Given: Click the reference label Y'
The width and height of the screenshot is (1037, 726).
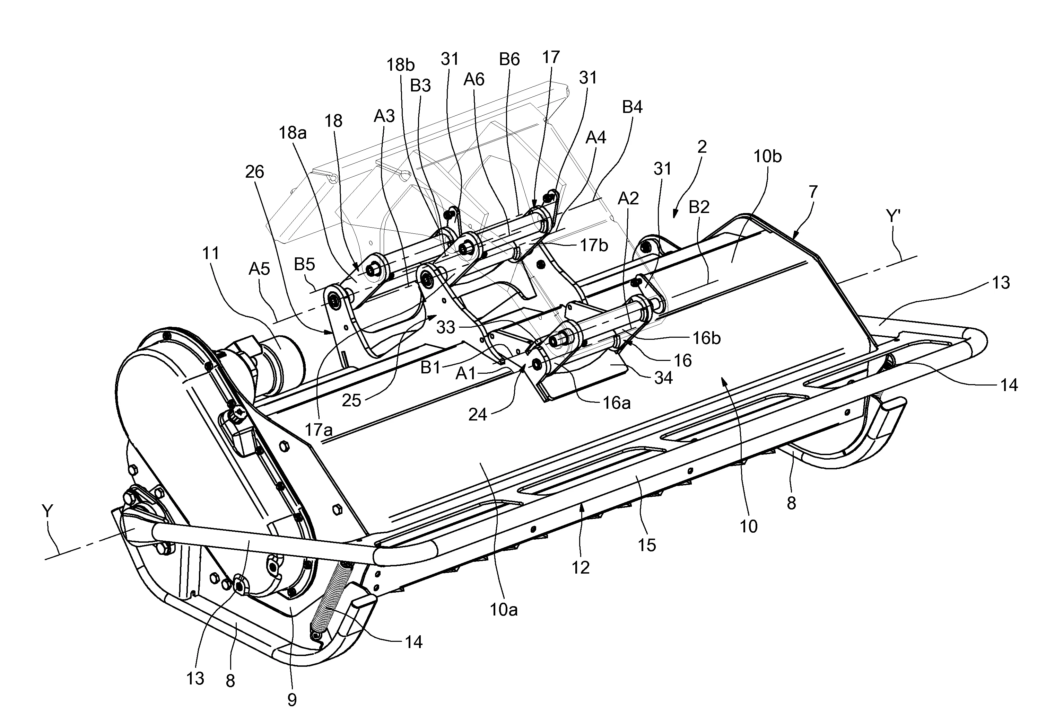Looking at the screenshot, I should (x=894, y=217).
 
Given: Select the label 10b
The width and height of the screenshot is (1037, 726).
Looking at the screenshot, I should (x=767, y=157).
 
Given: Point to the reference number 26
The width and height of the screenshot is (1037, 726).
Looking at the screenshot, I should (x=254, y=172).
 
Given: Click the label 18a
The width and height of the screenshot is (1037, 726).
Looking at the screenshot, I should (x=292, y=133).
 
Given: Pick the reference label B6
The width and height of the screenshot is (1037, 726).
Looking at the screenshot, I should (x=509, y=60).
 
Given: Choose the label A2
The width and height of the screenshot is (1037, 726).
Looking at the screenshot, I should (x=628, y=198).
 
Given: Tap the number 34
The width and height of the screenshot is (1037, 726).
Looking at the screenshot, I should (x=663, y=378).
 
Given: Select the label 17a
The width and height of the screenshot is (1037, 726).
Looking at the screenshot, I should (x=319, y=430).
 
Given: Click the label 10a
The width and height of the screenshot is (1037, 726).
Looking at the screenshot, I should (x=504, y=610).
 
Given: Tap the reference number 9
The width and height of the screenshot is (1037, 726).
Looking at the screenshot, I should (x=292, y=700).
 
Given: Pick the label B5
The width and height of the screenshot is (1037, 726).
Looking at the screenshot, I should (x=304, y=264).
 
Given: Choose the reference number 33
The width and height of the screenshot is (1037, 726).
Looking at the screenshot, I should (x=445, y=327).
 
